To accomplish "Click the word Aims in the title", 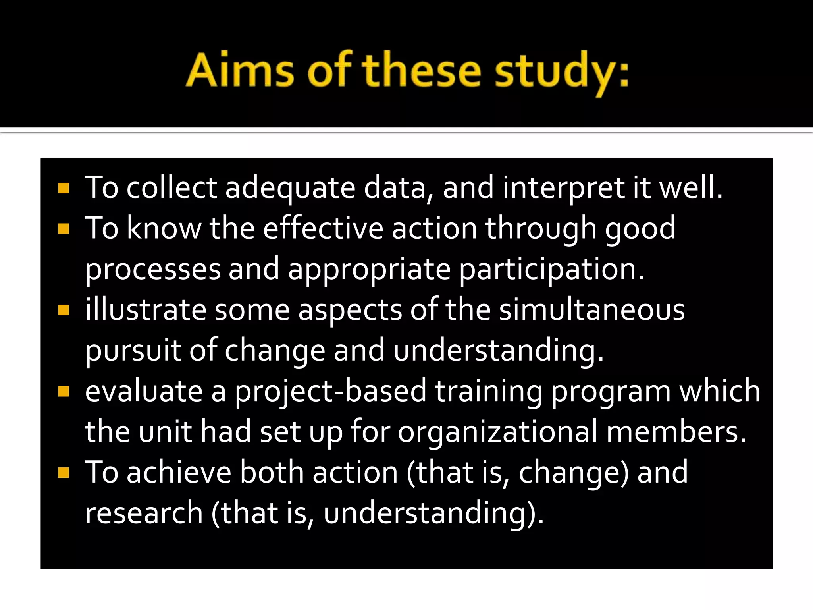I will (x=240, y=71).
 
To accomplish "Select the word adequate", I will (x=290, y=188).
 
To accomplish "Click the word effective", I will (x=323, y=229).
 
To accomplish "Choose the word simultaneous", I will (x=592, y=310).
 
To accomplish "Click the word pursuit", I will (x=133, y=351).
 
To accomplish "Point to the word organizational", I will (x=497, y=432).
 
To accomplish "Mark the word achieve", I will (x=179, y=473).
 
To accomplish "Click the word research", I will (x=144, y=513).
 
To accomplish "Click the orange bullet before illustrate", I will (x=64, y=310).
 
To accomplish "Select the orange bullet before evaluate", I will (x=64, y=391).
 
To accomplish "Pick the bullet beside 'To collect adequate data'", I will (x=64, y=188).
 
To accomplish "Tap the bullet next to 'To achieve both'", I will (x=64, y=473).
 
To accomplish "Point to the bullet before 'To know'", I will (x=64, y=229).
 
